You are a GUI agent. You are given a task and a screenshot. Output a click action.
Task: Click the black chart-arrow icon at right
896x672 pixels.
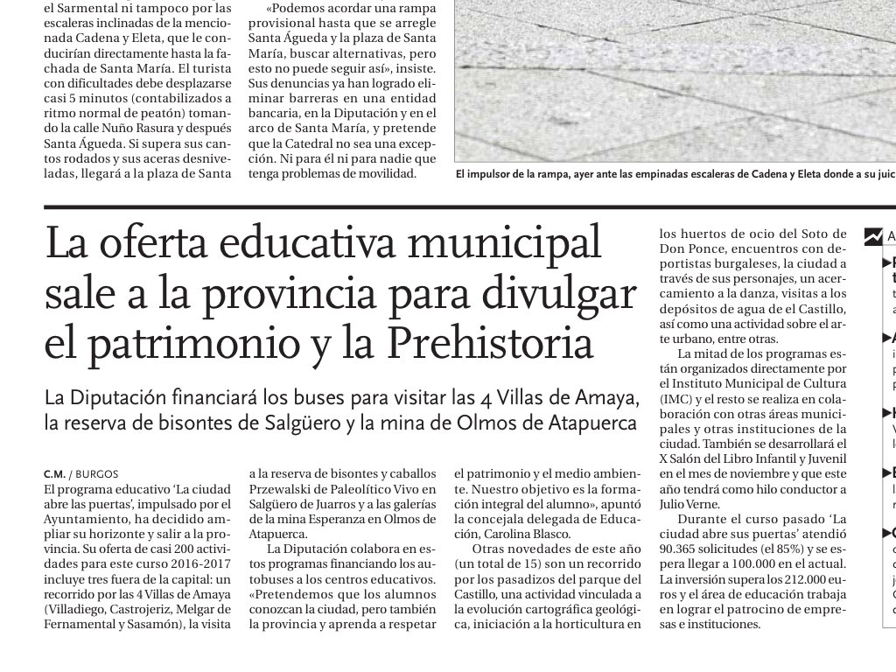(873, 235)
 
